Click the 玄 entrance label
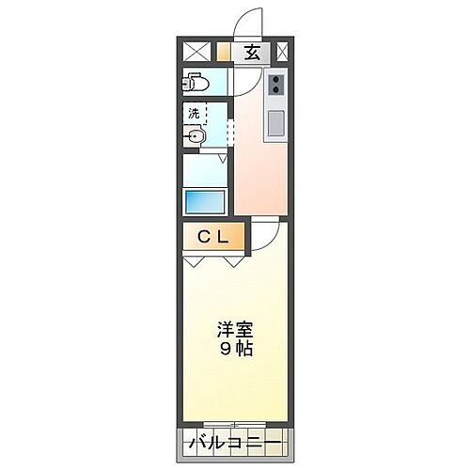point(252,53)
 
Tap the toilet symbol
point(195,82)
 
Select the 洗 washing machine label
point(193,113)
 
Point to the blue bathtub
point(203,201)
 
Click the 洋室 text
point(235,331)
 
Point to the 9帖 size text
point(235,350)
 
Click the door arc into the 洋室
point(264,233)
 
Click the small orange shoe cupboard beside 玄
point(223,53)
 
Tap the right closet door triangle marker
point(232,262)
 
